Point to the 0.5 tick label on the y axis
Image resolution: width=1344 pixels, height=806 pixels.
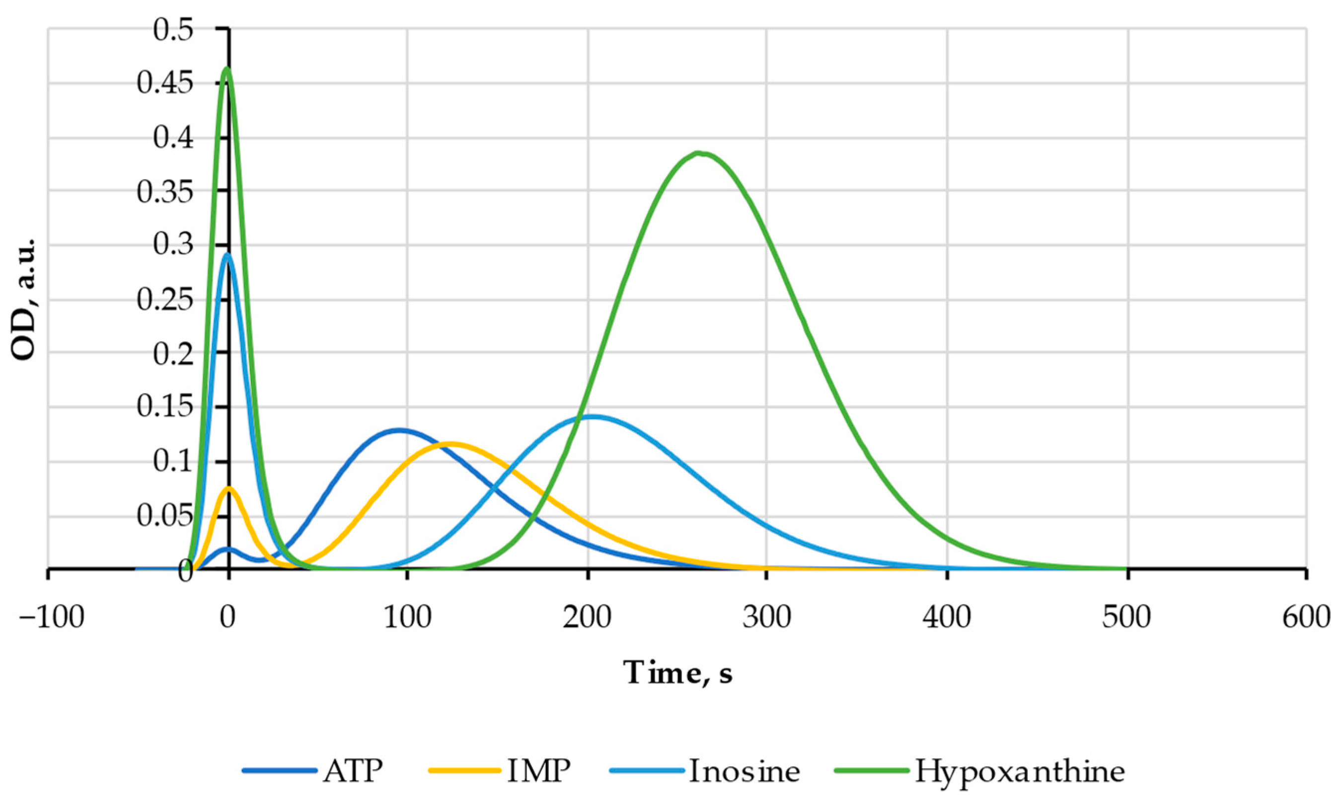click(173, 30)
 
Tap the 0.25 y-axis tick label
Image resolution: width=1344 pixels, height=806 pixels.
click(164, 300)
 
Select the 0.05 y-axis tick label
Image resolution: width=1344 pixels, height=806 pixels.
click(164, 516)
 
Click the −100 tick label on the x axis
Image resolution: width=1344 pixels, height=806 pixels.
click(52, 618)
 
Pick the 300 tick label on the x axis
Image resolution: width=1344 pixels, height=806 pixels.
click(766, 618)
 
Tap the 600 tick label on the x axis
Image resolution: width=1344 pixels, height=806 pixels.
click(1305, 618)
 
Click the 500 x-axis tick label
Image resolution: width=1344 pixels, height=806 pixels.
click(1126, 618)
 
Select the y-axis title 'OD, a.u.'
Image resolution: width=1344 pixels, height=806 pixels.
click(24, 299)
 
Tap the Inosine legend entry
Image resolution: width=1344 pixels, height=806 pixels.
click(706, 771)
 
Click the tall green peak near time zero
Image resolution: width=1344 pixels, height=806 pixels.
click(227, 69)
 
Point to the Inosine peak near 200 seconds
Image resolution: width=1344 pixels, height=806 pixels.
click(592, 417)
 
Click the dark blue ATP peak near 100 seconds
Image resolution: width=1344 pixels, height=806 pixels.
click(400, 430)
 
